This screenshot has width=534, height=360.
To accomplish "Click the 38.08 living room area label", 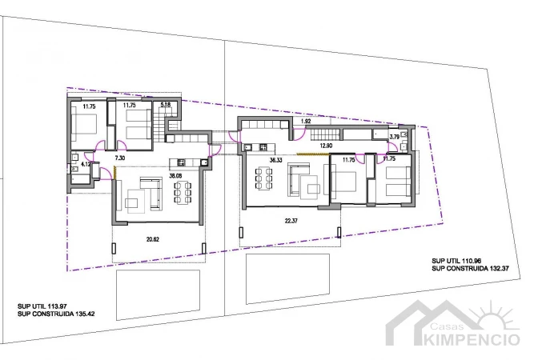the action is click(x=175, y=176).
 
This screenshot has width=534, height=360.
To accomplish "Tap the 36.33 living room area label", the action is click(x=275, y=160).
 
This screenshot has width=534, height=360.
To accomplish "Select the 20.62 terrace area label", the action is click(x=153, y=239).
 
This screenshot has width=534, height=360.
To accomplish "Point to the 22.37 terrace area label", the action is click(x=291, y=221).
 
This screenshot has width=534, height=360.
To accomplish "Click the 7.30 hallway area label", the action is click(x=120, y=158).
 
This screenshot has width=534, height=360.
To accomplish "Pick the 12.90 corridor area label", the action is click(x=326, y=146).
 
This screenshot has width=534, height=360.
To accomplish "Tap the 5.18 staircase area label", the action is click(x=166, y=105).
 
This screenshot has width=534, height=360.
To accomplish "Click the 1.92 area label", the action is click(x=306, y=121).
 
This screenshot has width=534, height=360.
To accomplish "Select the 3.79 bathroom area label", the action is click(x=395, y=137).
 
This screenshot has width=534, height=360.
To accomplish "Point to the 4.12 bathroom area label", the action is click(x=85, y=164).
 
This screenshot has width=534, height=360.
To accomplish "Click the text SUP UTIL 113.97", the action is click(x=42, y=306).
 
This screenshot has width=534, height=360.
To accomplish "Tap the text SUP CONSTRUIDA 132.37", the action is click(x=470, y=269).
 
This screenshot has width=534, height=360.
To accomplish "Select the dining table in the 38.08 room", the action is click(x=183, y=193).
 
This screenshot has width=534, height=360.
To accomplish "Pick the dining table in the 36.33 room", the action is click(x=263, y=178).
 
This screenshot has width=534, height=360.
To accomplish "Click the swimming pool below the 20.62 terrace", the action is click(x=158, y=295).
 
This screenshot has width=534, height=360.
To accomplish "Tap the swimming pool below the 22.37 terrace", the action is click(x=287, y=278).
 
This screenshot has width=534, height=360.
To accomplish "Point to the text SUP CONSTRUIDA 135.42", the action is click(x=56, y=314).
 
